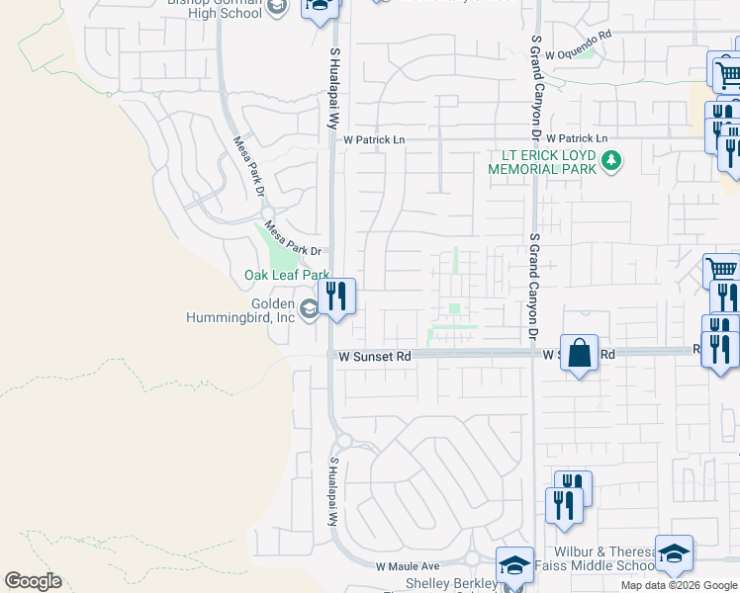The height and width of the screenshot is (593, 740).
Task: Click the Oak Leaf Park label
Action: coord(287,275)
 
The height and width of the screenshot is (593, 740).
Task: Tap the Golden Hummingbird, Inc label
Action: coord(240,310)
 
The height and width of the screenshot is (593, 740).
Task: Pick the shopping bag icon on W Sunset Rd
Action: coord(579,352)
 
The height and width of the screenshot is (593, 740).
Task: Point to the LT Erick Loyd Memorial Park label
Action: coord(542,162)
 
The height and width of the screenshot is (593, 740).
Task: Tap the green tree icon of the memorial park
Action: coord(612,159)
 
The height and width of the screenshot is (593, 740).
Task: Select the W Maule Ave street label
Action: coord(407,567)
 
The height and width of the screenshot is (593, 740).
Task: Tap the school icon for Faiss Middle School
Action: coord(674,553)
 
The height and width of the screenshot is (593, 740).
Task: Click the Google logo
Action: coord(33,581)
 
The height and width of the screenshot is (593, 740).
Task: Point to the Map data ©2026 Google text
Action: coord(678,585)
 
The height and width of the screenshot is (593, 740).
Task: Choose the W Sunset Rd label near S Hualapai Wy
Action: coord(375,355)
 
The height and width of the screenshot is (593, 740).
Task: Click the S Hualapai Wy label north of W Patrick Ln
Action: coord(334,89)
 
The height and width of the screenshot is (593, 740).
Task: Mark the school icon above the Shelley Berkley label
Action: coord(514,564)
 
